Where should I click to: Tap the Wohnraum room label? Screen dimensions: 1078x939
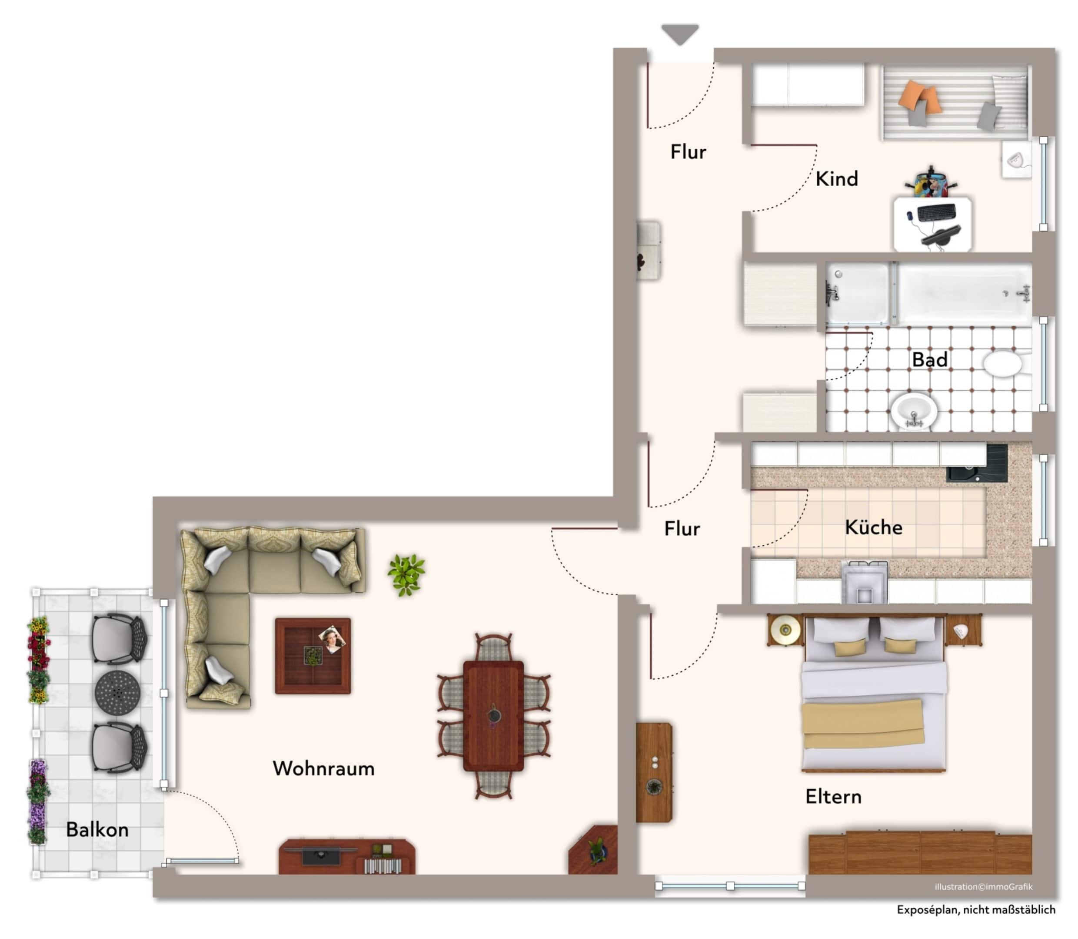coord(323,769)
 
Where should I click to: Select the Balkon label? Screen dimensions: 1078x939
coord(97,829)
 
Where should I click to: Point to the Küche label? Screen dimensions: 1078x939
coord(873,527)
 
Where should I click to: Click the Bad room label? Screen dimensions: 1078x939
coord(929,359)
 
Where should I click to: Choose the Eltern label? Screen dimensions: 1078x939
coord(833,796)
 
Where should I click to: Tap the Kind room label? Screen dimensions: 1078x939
coord(837,179)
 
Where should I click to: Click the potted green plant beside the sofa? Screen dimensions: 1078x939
coord(406,574)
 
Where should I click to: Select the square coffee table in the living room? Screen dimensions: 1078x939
coord(313,656)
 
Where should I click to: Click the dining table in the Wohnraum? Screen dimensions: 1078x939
coord(493,716)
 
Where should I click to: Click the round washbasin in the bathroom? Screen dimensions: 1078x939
coord(914,411)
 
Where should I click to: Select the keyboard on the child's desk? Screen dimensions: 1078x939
coord(936,212)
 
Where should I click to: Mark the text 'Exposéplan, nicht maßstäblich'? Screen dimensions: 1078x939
coord(976,910)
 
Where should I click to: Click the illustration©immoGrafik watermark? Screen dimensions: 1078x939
coord(983,887)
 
